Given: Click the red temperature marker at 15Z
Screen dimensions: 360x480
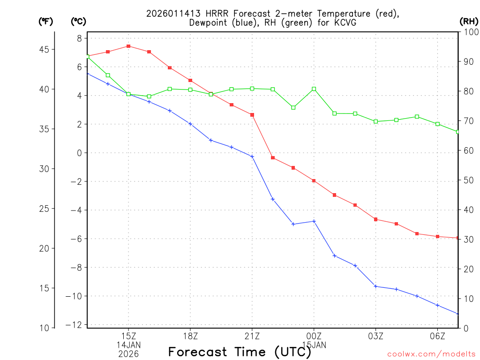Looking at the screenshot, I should coord(128,46).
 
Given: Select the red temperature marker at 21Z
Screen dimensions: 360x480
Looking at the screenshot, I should coord(252,115).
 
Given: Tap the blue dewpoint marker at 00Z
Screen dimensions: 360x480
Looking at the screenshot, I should coord(314,221).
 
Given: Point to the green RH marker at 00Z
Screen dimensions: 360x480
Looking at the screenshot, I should coord(314,89).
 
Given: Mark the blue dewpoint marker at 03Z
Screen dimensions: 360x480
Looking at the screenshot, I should coord(375,286).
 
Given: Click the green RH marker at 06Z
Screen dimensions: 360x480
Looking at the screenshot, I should coord(437,124).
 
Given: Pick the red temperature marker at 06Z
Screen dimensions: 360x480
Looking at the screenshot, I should coord(437,236).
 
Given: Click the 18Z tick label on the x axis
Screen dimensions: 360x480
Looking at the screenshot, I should coord(190,336).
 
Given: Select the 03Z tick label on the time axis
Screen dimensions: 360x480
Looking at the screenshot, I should coord(375,336).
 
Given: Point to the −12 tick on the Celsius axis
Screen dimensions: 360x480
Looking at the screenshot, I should coord(77,325).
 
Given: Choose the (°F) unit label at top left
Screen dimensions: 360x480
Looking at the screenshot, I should coord(46,21).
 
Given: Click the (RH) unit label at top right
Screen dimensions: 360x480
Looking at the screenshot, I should coord(469,21).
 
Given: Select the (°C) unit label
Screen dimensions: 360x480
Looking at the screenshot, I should coord(79,21).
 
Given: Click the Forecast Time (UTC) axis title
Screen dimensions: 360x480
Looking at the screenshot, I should coord(240,352).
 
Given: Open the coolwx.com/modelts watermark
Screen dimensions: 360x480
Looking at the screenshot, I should coord(431,354).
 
